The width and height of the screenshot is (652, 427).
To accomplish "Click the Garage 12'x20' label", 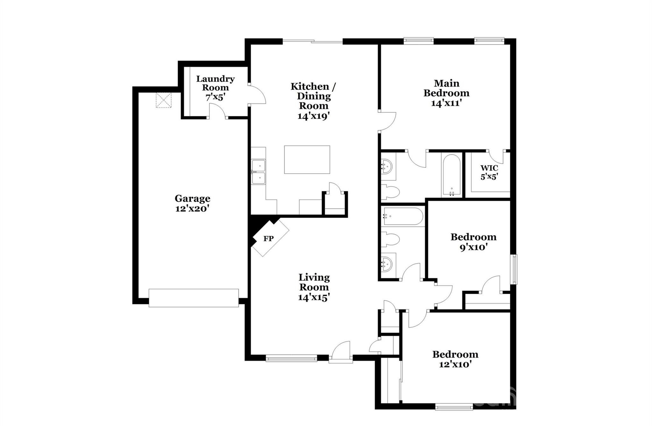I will point(192,203).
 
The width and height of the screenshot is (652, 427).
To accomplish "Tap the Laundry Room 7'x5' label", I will point(215,88).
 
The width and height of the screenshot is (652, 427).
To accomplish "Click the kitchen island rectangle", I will point(307,160).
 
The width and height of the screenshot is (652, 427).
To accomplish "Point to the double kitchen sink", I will point(259,172).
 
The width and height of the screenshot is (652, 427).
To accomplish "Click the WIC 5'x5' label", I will point(489,172).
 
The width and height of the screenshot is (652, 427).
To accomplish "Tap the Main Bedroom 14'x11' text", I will point(446,93).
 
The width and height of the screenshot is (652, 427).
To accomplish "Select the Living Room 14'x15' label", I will point(314,287).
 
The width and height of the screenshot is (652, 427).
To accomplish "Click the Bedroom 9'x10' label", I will point(473,242).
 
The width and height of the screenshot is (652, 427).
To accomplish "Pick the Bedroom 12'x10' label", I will point(455,359).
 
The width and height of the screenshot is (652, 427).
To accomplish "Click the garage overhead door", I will point(194,298).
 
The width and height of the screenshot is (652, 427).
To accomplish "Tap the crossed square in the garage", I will point(163,100).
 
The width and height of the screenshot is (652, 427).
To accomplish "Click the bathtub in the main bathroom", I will point(451,175).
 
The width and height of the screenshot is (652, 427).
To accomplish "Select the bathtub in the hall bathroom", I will point(403,217).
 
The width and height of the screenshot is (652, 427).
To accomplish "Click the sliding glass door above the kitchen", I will point(313,41).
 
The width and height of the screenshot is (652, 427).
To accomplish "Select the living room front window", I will point(291,359).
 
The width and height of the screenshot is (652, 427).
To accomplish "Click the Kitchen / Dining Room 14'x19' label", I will point(313,101).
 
